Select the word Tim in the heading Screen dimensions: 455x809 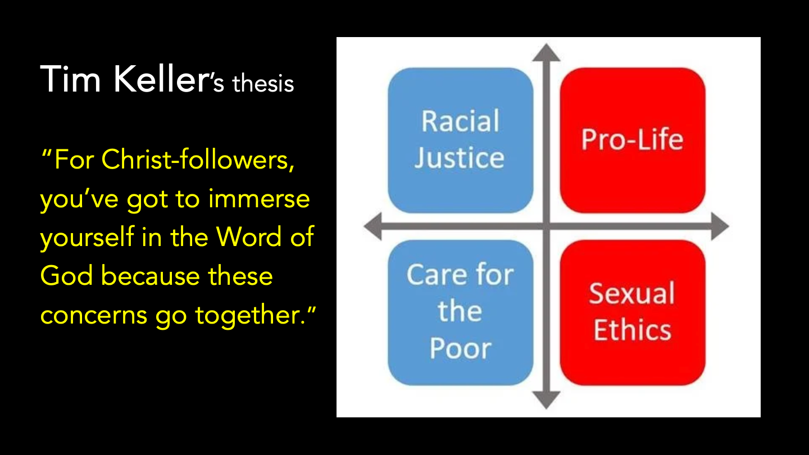(x=71, y=79)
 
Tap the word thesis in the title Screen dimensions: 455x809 (x=263, y=84)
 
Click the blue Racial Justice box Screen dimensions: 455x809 (x=460, y=140)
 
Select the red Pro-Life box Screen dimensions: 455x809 (x=632, y=140)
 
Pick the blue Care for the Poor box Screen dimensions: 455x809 (x=460, y=312)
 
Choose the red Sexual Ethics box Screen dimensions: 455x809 (x=632, y=312)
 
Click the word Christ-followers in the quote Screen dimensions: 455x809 (x=198, y=161)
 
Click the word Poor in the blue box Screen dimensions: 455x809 (x=460, y=349)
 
